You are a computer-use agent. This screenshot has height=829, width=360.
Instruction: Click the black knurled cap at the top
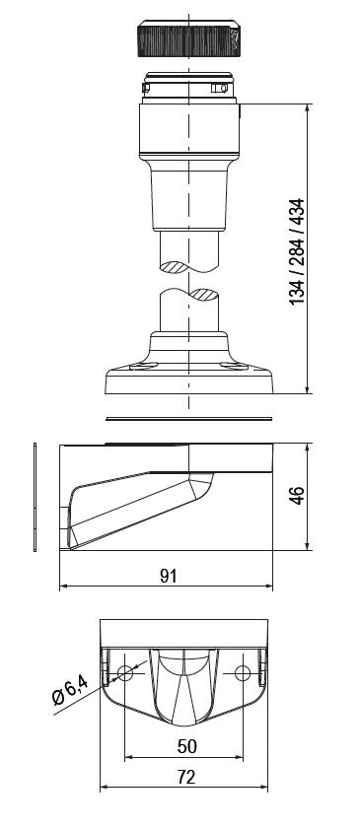pos(188,38)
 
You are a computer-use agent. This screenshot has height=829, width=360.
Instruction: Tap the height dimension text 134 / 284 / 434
pos(297,251)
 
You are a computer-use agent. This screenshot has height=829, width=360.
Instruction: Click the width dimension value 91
pos(168,576)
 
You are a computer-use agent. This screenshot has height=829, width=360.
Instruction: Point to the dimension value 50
pos(187,746)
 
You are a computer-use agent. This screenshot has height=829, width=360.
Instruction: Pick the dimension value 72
pos(186,777)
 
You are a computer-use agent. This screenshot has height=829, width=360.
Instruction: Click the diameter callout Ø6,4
pos(70,693)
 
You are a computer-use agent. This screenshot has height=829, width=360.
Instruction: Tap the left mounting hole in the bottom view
pos(124,673)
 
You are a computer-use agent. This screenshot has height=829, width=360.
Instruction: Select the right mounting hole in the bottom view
pos(242,673)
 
